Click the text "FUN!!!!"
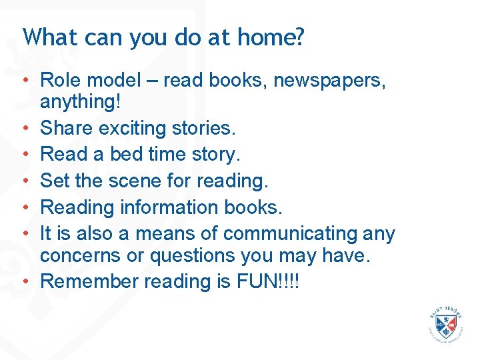[267, 281]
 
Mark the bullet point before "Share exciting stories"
[25, 128]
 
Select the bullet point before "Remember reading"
[25, 282]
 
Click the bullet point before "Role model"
[25, 81]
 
